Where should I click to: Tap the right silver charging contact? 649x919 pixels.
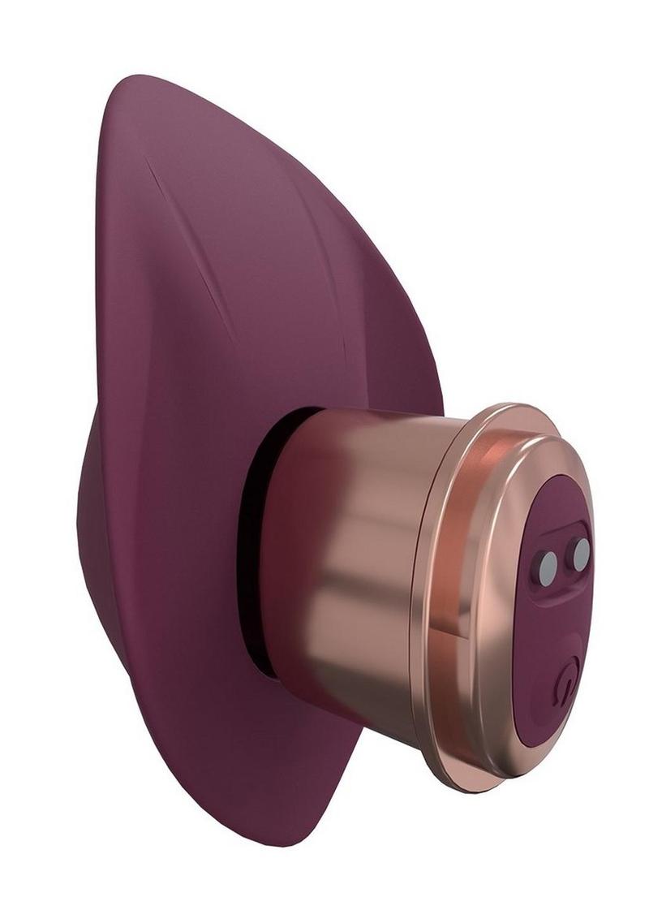581,554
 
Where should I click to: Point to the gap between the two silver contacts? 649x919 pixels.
565,560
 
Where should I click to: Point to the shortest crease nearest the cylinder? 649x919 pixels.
341,341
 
